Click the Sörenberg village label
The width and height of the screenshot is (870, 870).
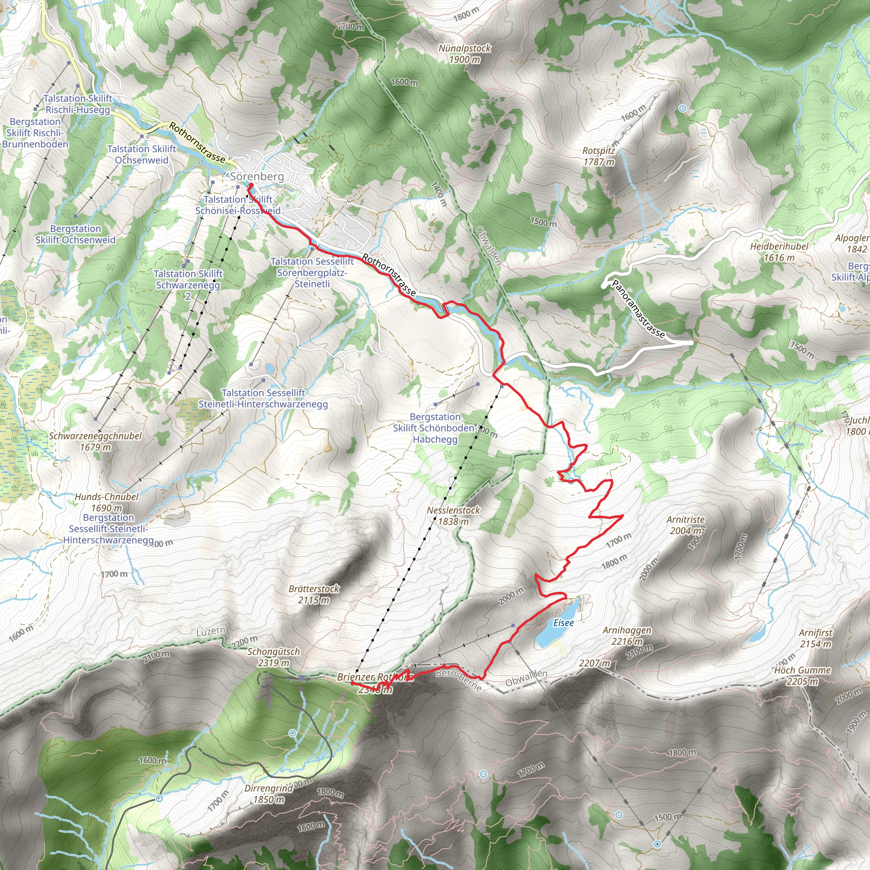tap(257, 177)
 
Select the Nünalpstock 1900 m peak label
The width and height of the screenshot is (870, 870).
tap(465, 54)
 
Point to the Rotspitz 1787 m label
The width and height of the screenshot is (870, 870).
tap(599, 156)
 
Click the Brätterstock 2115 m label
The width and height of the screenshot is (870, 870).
tap(314, 594)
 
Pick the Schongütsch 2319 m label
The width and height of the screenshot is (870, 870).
tap(273, 657)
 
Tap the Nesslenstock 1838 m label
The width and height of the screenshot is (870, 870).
tap(453, 516)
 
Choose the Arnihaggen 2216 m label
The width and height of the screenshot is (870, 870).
tap(627, 636)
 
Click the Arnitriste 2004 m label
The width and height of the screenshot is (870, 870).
tap(685, 525)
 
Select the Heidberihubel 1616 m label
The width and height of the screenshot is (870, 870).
tap(779, 252)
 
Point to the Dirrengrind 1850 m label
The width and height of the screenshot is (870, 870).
tap(268, 794)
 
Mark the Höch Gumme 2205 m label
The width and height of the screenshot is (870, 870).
tap(802, 675)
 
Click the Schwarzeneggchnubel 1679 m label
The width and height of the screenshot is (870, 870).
tap(96, 441)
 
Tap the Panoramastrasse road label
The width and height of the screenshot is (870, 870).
tap(638, 309)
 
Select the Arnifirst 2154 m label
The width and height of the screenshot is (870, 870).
tap(816, 638)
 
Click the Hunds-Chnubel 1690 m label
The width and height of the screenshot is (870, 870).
tap(107, 502)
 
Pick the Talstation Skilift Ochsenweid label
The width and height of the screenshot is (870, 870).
tap(141, 155)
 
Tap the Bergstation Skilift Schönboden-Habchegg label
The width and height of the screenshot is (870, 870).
tap(435, 428)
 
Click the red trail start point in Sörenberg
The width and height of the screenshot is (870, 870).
tap(251, 185)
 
